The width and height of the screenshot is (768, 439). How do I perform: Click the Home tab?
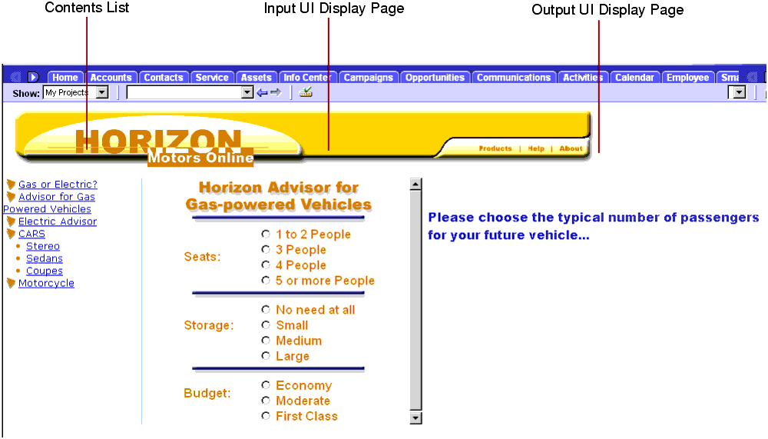65,78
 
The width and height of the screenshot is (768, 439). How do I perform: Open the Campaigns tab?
369,78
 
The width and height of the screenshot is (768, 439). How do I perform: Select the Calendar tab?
634,78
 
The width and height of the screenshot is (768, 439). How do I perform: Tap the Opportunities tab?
435,78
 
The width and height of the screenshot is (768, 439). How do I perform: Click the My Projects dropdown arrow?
102,92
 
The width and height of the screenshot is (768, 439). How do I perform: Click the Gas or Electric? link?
58,185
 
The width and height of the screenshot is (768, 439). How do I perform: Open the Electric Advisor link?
58,221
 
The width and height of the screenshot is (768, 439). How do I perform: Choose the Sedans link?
44,258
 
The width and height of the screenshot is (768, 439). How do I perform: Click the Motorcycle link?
46,283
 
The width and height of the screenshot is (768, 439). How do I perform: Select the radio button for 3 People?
266,249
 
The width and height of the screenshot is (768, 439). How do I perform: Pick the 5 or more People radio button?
266,280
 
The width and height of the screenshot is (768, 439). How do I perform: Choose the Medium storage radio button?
266,340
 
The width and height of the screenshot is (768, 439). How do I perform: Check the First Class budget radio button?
266,415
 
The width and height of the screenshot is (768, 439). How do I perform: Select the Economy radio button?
266,384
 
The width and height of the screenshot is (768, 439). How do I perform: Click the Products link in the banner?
495,148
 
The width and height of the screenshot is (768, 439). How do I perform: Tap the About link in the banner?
571,148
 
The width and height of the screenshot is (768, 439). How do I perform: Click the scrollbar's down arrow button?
415,418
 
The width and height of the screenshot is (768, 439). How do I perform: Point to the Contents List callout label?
87,8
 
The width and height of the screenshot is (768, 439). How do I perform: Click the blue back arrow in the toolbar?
262,92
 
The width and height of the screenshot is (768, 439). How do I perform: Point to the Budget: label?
207,393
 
